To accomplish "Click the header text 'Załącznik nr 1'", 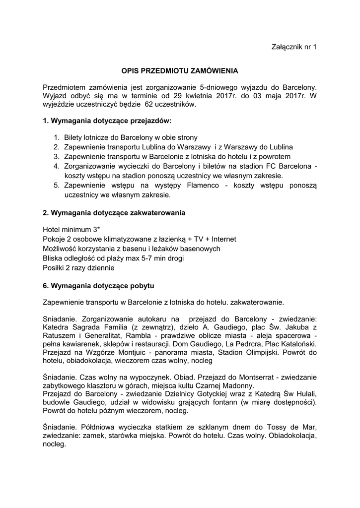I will point(294,47).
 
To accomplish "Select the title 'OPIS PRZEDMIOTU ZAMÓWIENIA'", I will point(180,71).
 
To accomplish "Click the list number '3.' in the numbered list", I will point(57,156).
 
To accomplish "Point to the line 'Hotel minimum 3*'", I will point(72,230).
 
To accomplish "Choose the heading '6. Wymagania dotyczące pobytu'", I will point(99,286).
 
